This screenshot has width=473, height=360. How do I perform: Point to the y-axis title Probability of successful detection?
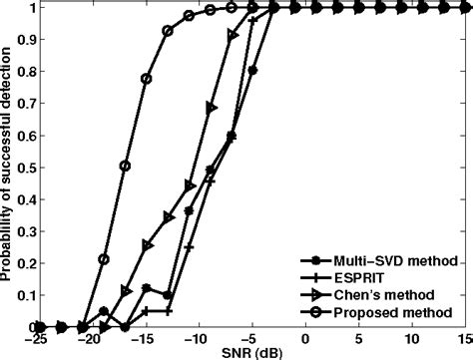(9, 166)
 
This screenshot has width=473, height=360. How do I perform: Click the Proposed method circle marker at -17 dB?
(125, 166)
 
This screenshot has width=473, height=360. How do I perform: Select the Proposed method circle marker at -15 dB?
(147, 78)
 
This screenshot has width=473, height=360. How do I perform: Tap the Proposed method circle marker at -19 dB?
(104, 259)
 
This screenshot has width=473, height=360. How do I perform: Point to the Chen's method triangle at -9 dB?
(211, 107)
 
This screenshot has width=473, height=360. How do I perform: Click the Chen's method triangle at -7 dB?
(233, 35)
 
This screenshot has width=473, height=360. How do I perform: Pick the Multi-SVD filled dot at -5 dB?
(253, 71)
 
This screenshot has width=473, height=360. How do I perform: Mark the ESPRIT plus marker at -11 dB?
(189, 246)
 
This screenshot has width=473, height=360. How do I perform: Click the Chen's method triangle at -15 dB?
(147, 244)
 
